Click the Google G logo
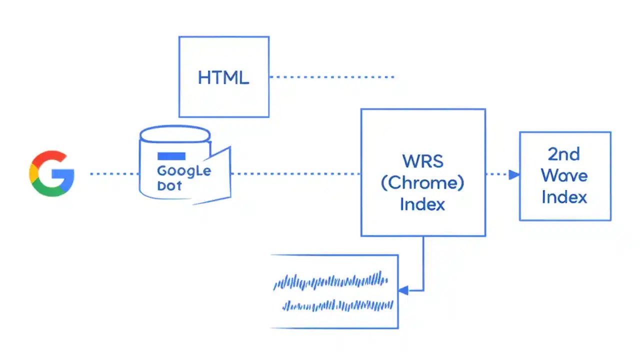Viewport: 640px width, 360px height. coord(52,173)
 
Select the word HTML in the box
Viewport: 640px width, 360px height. coord(223,77)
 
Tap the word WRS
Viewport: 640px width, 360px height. coord(422,161)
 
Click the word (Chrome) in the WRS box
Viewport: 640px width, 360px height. coord(422,183)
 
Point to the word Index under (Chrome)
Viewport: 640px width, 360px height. coord(422,204)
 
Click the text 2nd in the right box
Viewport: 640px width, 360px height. coord(564,154)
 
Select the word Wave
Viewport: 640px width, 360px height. coord(564,175)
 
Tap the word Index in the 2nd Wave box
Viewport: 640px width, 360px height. coord(564,197)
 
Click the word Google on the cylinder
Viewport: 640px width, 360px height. coord(184,170)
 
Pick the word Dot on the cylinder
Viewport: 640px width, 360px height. coord(169,186)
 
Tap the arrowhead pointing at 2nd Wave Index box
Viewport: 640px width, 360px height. coord(513,174)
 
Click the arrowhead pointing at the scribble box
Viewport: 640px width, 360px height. coord(403,290)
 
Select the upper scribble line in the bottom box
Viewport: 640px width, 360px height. coord(330,281)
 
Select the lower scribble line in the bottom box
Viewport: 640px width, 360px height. coord(337,304)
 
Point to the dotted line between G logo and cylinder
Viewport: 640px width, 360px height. coord(114,174)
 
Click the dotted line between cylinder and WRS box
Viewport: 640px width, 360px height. coord(295,174)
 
